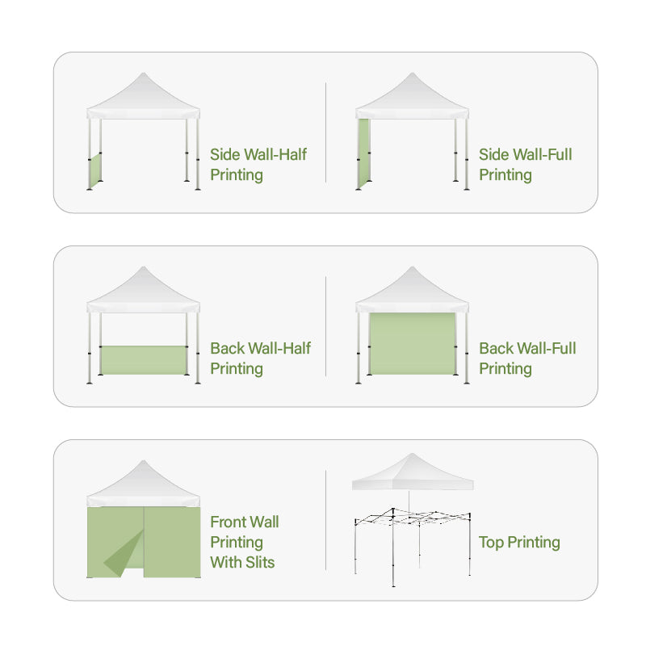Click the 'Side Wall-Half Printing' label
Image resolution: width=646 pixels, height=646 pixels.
tap(258, 165)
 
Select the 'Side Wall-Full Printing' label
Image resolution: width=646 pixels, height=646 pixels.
tap(526, 165)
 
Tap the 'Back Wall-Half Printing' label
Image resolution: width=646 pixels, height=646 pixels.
tap(260, 359)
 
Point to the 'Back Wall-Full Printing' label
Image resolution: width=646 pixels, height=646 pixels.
tap(527, 359)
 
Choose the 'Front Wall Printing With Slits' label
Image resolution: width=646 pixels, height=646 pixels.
tap(245, 542)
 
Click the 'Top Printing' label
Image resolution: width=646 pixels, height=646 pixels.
tap(519, 542)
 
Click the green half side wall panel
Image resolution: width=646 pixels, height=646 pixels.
tap(95, 170)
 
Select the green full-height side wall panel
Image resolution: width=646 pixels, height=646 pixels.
tap(363, 153)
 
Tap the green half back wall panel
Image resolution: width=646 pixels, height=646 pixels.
tap(144, 360)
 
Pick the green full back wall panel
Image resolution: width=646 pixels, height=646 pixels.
tap(412, 344)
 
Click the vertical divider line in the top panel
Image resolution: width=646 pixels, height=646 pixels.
tap(325, 132)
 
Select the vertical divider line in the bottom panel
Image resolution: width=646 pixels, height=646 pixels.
tap(325, 520)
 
